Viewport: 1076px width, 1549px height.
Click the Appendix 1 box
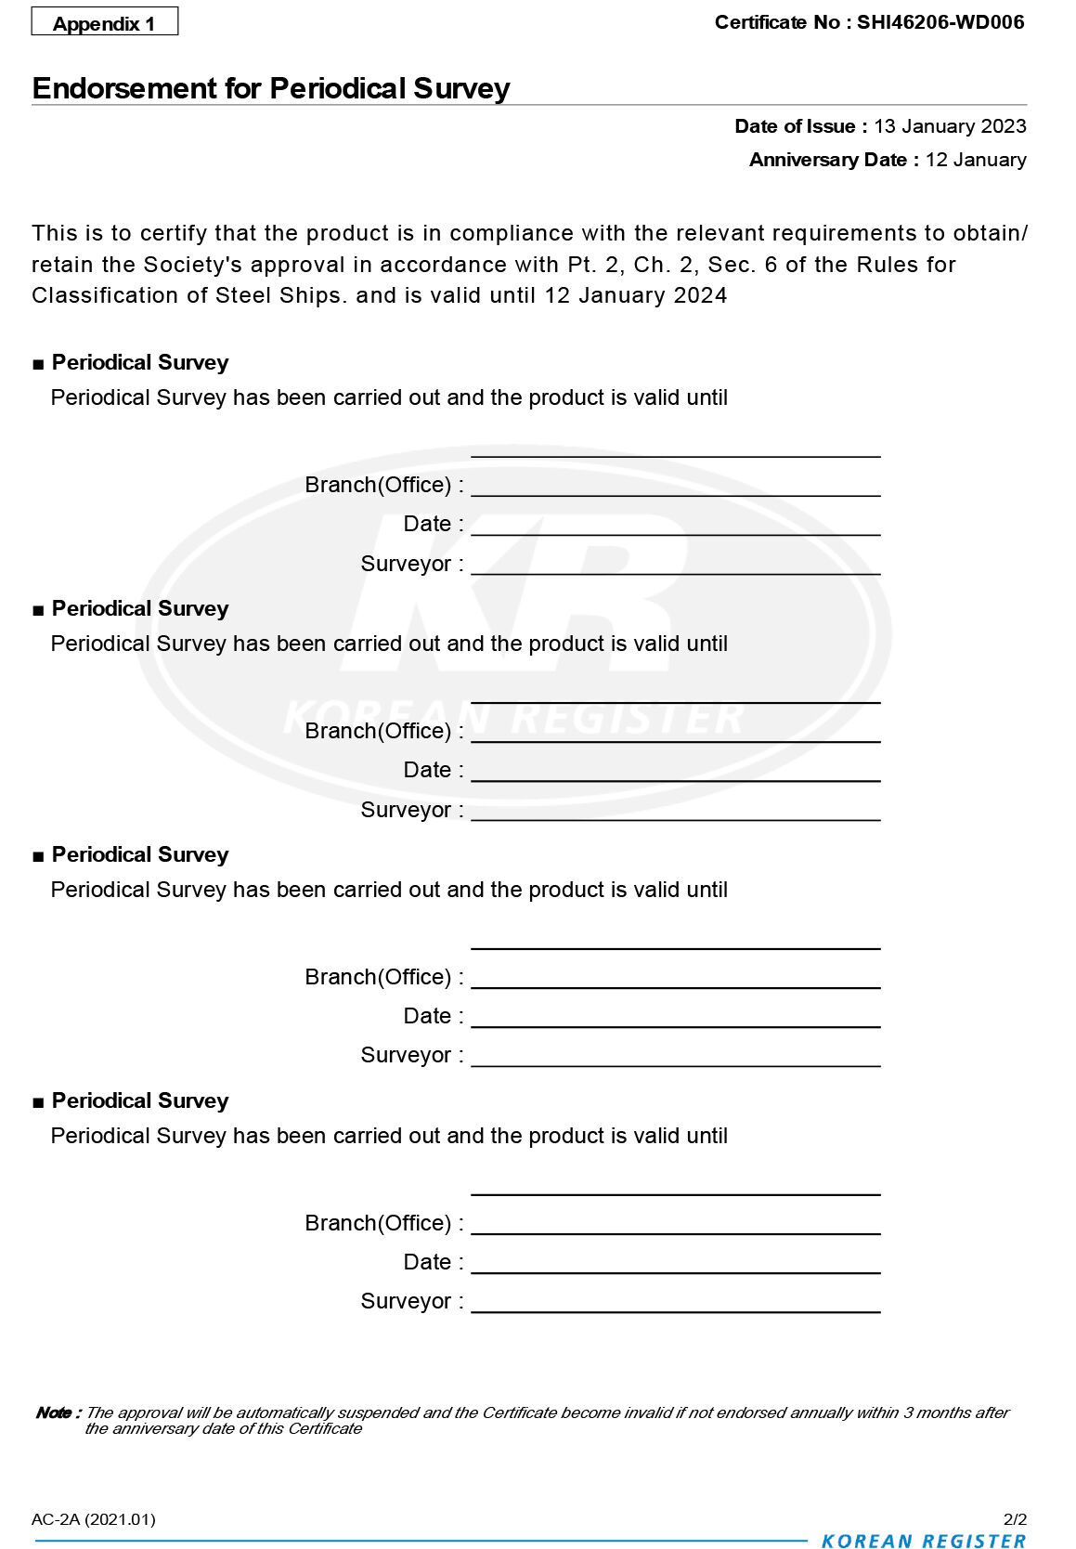click(x=104, y=22)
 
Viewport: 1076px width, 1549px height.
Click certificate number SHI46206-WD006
click(x=940, y=22)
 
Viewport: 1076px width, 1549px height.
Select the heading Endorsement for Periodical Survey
click(x=271, y=88)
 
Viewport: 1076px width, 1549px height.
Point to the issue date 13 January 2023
click(x=950, y=126)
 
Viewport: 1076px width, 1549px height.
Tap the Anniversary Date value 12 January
click(x=976, y=160)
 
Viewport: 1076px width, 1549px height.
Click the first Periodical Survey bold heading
click(x=140, y=362)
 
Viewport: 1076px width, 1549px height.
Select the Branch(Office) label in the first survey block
click(x=378, y=485)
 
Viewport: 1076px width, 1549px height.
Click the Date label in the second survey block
click(x=427, y=770)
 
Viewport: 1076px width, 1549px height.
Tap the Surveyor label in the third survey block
click(x=406, y=1055)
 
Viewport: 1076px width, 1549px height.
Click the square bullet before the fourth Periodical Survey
click(x=38, y=1102)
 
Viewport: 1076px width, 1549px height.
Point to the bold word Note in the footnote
click(x=54, y=1412)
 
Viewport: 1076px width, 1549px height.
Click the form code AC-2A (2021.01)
click(x=94, y=1519)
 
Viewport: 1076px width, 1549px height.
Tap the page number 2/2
click(x=1015, y=1519)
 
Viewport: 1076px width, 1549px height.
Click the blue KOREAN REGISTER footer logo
click(x=924, y=1541)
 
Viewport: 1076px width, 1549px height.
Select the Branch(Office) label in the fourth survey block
click(x=378, y=1223)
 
